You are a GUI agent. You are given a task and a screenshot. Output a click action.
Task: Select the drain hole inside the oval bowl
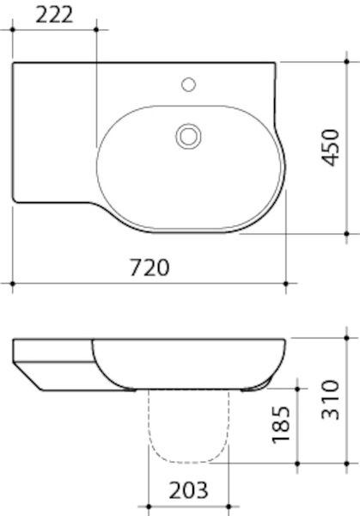point(188,135)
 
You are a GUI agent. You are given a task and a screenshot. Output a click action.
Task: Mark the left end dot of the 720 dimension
point(13,282)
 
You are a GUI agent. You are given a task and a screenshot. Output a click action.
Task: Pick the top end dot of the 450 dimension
point(345,62)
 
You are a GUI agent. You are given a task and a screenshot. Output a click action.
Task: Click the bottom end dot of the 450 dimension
point(345,233)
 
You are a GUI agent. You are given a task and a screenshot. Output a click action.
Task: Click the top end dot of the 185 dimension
point(297,386)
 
